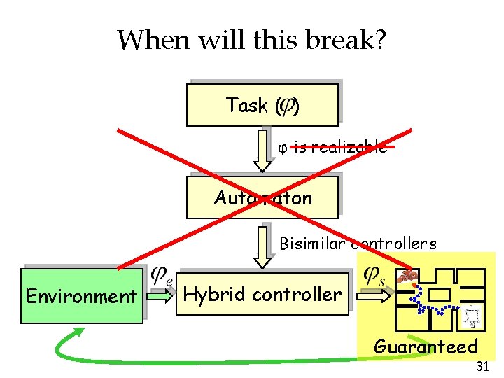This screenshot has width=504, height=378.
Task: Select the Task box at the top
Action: pyautogui.click(x=262, y=105)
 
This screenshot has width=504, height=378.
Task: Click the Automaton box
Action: pyautogui.click(x=262, y=197)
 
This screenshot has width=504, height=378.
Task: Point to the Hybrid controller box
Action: pyautogui.click(x=262, y=294)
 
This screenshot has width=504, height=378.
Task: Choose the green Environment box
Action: pyautogui.click(x=81, y=296)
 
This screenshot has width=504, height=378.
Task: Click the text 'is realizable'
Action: pyautogui.click(x=340, y=147)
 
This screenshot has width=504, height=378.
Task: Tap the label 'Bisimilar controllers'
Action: pyautogui.click(x=358, y=244)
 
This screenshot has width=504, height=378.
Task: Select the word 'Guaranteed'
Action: pyautogui.click(x=426, y=346)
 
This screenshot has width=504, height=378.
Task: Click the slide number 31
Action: pyautogui.click(x=482, y=366)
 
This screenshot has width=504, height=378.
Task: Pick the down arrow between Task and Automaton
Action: pyautogui.click(x=262, y=149)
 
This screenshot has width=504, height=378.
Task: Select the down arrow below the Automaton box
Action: pyautogui.click(x=262, y=245)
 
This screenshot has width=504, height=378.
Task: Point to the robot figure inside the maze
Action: pyautogui.click(x=473, y=316)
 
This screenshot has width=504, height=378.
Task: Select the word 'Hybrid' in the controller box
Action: pyautogui.click(x=214, y=294)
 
